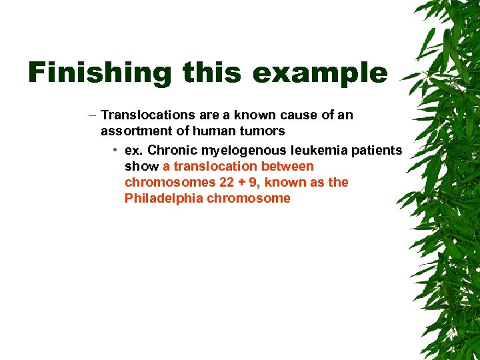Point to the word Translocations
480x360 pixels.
point(147,115)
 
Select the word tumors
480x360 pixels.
point(263,131)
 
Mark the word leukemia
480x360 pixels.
point(311,150)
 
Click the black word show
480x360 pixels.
point(141,166)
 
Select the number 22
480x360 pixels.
point(227,182)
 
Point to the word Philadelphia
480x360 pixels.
point(163,198)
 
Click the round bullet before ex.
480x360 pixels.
point(115,150)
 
